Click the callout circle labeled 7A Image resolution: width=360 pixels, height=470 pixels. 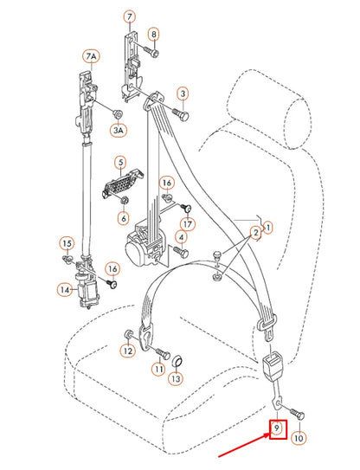click(90, 55)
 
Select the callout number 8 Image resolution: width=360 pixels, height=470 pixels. click(154, 35)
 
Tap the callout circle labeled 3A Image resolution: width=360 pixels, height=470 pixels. click(118, 130)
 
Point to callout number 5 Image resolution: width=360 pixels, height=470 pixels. click(120, 161)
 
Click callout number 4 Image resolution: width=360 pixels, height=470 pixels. click(183, 235)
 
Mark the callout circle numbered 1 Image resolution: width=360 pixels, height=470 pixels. click(267, 228)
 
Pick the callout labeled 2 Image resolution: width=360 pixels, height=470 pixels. click(255, 234)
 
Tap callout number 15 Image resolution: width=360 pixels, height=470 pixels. click(67, 242)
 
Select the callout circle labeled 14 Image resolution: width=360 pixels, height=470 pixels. click(65, 289)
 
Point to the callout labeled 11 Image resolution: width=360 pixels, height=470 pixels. click(158, 370)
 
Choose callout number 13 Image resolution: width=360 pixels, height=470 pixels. click(176, 378)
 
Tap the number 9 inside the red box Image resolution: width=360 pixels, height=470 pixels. click(276, 428)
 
